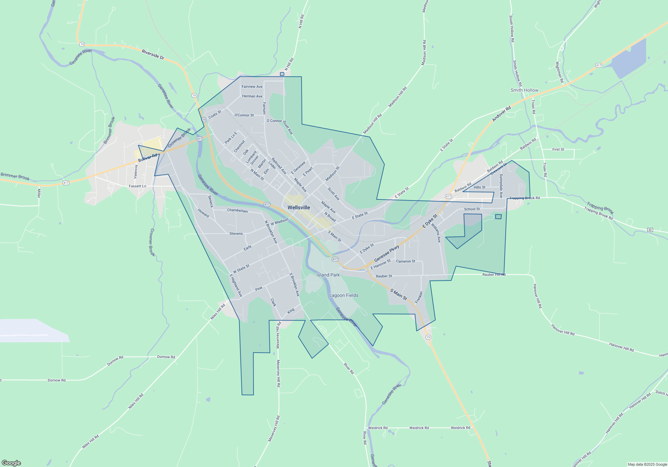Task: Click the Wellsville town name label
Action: click(299, 207)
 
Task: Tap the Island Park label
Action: click(328, 275)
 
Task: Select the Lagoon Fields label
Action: click(344, 295)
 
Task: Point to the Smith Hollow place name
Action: click(524, 90)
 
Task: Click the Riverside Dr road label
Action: click(153, 54)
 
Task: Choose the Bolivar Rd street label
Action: click(148, 158)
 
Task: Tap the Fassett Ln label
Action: click(138, 186)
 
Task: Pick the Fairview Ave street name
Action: click(252, 87)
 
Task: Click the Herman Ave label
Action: click(252, 96)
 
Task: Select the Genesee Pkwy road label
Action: click(386, 254)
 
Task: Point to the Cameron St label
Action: click(405, 261)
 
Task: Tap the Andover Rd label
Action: click(501, 114)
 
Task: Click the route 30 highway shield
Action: click(650, 230)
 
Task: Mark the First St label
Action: click(558, 149)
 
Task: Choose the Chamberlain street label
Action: click(237, 210)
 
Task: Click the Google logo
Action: click(11, 463)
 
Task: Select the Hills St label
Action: click(480, 187)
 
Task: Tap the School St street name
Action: click(472, 209)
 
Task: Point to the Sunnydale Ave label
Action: click(501, 186)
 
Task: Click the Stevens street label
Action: click(236, 233)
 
